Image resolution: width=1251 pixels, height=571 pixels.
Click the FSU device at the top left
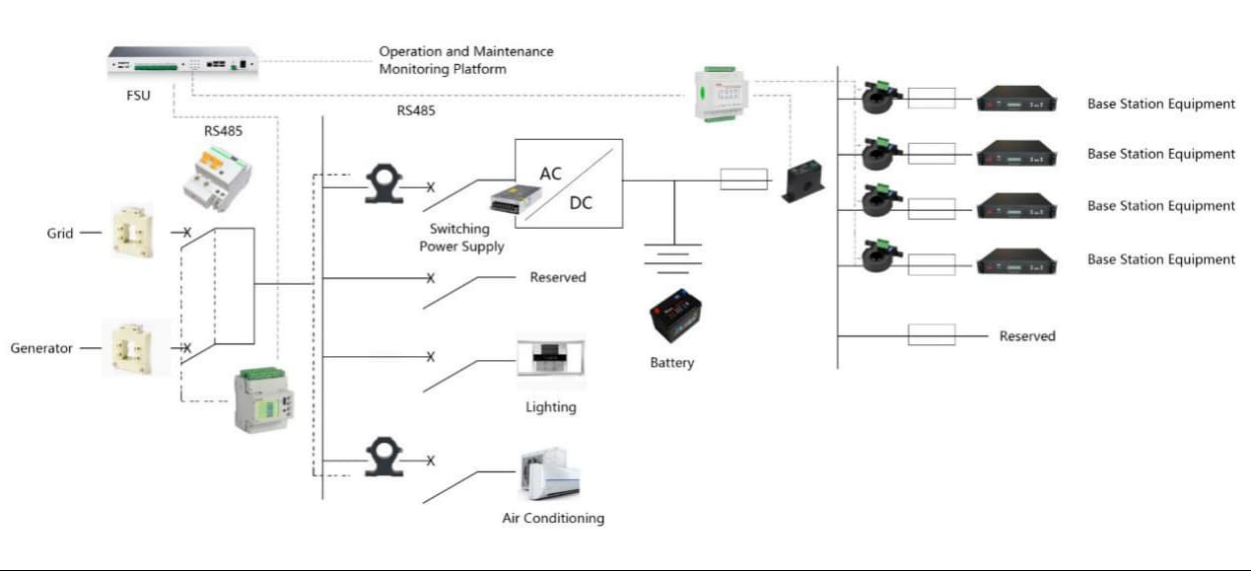tap(182, 63)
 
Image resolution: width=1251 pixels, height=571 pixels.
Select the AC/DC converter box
tap(569, 183)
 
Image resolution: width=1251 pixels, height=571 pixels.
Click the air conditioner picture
tap(549, 475)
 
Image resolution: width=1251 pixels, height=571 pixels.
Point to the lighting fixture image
tap(550, 364)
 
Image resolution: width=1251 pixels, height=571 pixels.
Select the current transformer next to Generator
tap(130, 348)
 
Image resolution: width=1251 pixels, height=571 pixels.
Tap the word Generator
tap(41, 348)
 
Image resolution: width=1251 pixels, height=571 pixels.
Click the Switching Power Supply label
tap(461, 238)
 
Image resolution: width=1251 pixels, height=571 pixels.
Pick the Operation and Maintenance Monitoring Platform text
tap(465, 60)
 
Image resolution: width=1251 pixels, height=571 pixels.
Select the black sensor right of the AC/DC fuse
tap(803, 182)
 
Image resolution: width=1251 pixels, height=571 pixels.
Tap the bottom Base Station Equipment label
tap(1160, 259)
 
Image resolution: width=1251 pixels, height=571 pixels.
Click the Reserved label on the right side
tap(1026, 336)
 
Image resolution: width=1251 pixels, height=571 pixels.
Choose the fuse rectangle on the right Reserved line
tap(931, 335)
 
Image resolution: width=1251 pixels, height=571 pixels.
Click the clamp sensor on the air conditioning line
tap(384, 459)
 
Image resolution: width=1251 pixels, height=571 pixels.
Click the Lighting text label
tap(550, 407)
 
